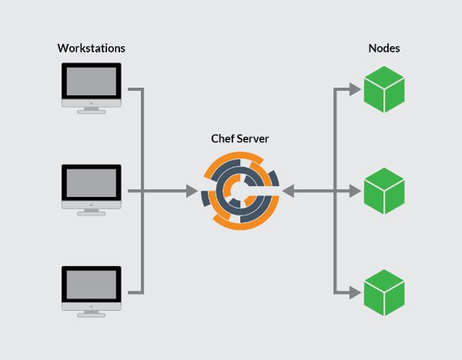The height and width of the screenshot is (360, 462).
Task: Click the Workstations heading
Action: pyautogui.click(x=91, y=48)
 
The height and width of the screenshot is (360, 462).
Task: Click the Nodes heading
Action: pyautogui.click(x=384, y=48)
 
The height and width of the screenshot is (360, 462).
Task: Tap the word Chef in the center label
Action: pyautogui.click(x=222, y=139)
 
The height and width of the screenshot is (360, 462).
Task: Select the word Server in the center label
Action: pyautogui.click(x=253, y=139)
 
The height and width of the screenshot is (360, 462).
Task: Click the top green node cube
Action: pyautogui.click(x=384, y=89)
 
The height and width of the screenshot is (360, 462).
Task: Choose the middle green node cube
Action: pyautogui.click(x=384, y=191)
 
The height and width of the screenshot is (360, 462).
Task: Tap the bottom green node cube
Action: pyautogui.click(x=384, y=293)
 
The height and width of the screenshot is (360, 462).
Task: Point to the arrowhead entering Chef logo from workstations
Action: pyautogui.click(x=192, y=191)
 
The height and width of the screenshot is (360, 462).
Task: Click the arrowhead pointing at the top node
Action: pyautogui.click(x=354, y=89)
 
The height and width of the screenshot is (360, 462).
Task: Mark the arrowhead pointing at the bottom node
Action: pyautogui.click(x=354, y=293)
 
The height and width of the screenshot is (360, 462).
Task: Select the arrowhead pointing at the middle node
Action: pyautogui.click(x=354, y=191)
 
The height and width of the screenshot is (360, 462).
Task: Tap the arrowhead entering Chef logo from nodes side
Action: pyautogui.click(x=288, y=191)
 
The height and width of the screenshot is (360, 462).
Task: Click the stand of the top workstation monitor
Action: pyautogui.click(x=91, y=109)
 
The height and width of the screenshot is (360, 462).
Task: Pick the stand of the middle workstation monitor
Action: pyautogui.click(x=91, y=211)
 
